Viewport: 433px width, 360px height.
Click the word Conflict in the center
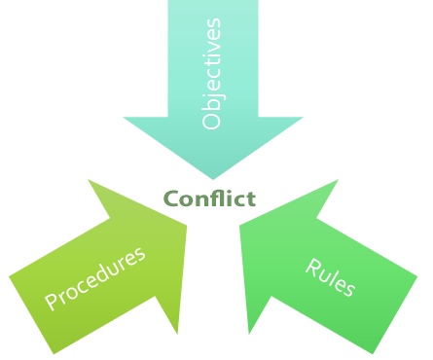[209, 199]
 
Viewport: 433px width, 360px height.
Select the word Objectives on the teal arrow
[211, 74]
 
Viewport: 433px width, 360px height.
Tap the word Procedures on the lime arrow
[95, 279]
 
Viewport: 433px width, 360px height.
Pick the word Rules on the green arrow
[331, 278]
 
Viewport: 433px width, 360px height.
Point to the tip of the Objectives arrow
[213, 179]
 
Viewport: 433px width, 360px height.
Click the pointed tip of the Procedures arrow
[186, 227]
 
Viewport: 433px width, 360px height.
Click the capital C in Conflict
[170, 199]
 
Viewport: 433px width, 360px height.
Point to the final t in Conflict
[251, 199]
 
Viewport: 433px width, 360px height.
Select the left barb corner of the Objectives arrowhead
[124, 119]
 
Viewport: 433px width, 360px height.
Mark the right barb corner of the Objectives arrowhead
[303, 119]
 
